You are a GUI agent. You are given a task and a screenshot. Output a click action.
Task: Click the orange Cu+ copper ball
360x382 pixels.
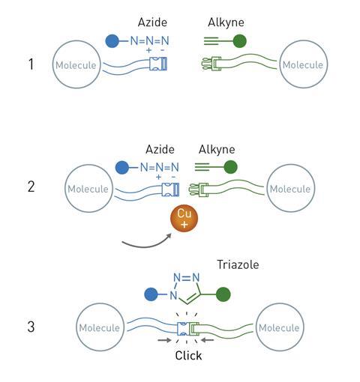[184, 219]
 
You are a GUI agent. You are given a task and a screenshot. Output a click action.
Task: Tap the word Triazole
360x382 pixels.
[238, 264]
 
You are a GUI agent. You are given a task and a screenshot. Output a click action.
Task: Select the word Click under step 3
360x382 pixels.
[188, 356]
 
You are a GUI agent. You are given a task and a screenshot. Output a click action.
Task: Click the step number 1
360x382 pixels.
[31, 64]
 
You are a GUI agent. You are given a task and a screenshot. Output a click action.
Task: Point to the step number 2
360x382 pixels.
[31, 187]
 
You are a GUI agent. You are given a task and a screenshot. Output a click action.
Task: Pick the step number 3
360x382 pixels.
[31, 327]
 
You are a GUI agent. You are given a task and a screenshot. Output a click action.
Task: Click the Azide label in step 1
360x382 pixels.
[152, 22]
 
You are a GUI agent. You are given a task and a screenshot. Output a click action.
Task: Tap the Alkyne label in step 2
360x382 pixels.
[217, 150]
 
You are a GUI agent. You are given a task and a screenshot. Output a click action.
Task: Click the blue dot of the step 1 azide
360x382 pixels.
[112, 41]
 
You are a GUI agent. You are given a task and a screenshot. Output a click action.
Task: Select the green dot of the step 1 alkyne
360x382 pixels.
[240, 41]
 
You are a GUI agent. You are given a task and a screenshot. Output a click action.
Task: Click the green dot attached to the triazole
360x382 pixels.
[223, 294]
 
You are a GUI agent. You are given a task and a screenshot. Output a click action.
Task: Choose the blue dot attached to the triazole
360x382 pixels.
[151, 294]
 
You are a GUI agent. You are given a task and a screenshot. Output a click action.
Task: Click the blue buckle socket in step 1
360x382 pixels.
[158, 64]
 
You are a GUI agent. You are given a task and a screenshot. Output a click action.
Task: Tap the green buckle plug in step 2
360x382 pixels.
[199, 190]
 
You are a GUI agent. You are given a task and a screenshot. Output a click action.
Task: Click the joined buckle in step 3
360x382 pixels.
[188, 329]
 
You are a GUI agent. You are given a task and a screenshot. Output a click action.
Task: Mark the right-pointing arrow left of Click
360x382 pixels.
[164, 340]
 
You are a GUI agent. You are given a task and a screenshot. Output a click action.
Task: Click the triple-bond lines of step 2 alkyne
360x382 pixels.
[202, 167]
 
